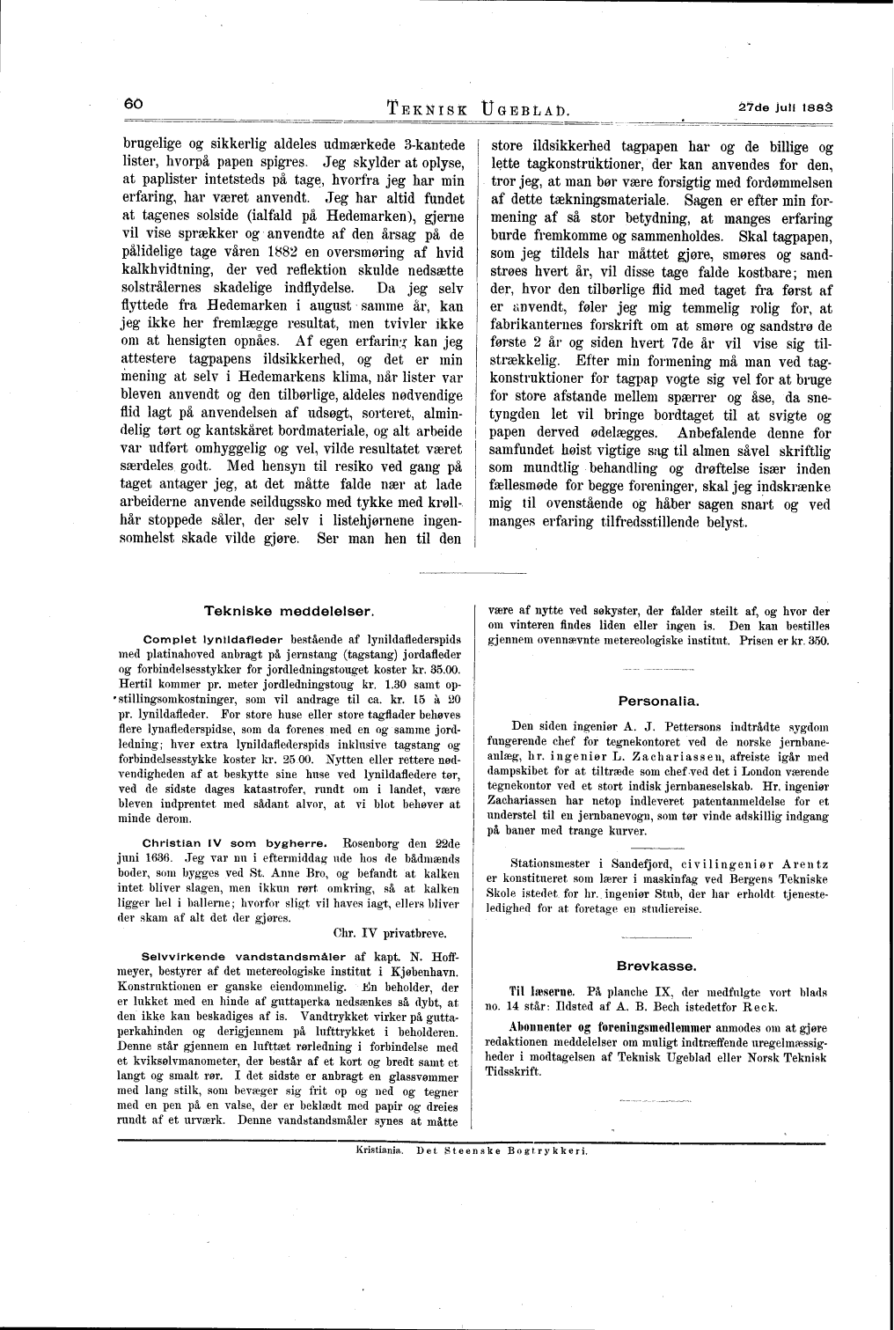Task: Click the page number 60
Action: (x=133, y=103)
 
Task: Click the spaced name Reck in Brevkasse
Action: (x=793, y=1006)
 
